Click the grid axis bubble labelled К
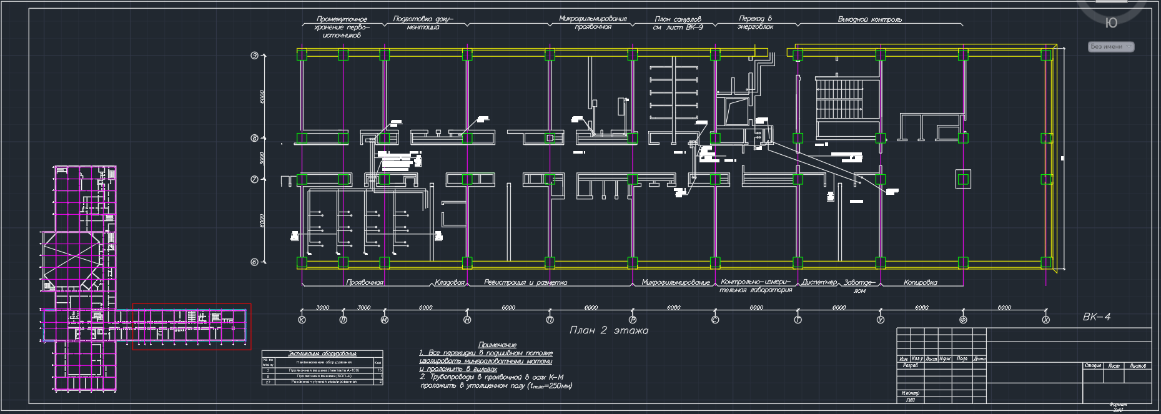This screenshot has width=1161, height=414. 302,320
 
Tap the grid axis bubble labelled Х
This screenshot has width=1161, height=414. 1046,320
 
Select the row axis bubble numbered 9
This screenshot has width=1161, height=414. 255,56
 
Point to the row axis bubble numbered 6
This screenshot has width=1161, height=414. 255,262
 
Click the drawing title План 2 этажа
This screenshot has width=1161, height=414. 608,330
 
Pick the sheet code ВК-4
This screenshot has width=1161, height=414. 1097,317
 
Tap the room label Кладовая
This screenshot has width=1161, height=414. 450,283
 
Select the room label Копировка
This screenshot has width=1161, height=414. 920,283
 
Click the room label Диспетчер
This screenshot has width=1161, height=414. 819,283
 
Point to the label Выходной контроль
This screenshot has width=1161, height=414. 869,20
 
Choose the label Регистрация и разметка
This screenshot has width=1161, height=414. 525,283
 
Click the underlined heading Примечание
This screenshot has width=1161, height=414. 497,345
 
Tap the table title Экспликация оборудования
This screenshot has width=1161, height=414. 322,353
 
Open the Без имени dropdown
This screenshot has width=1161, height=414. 1111,47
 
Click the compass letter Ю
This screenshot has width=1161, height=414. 1111,23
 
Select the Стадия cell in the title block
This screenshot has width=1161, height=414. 1093,366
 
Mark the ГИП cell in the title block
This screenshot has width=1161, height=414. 910,400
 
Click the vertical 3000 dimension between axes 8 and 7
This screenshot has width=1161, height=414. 262,159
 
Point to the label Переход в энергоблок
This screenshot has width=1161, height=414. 755,23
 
